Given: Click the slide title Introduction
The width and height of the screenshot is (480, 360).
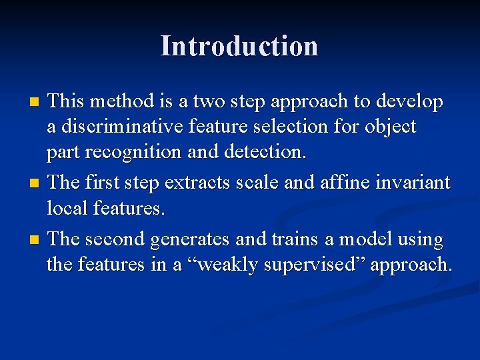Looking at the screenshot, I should click(239, 46).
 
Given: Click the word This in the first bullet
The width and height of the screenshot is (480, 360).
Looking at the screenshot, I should click(67, 101).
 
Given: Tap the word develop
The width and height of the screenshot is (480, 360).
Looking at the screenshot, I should click(409, 101).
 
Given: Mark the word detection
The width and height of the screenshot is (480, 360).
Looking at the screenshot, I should click(265, 152).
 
